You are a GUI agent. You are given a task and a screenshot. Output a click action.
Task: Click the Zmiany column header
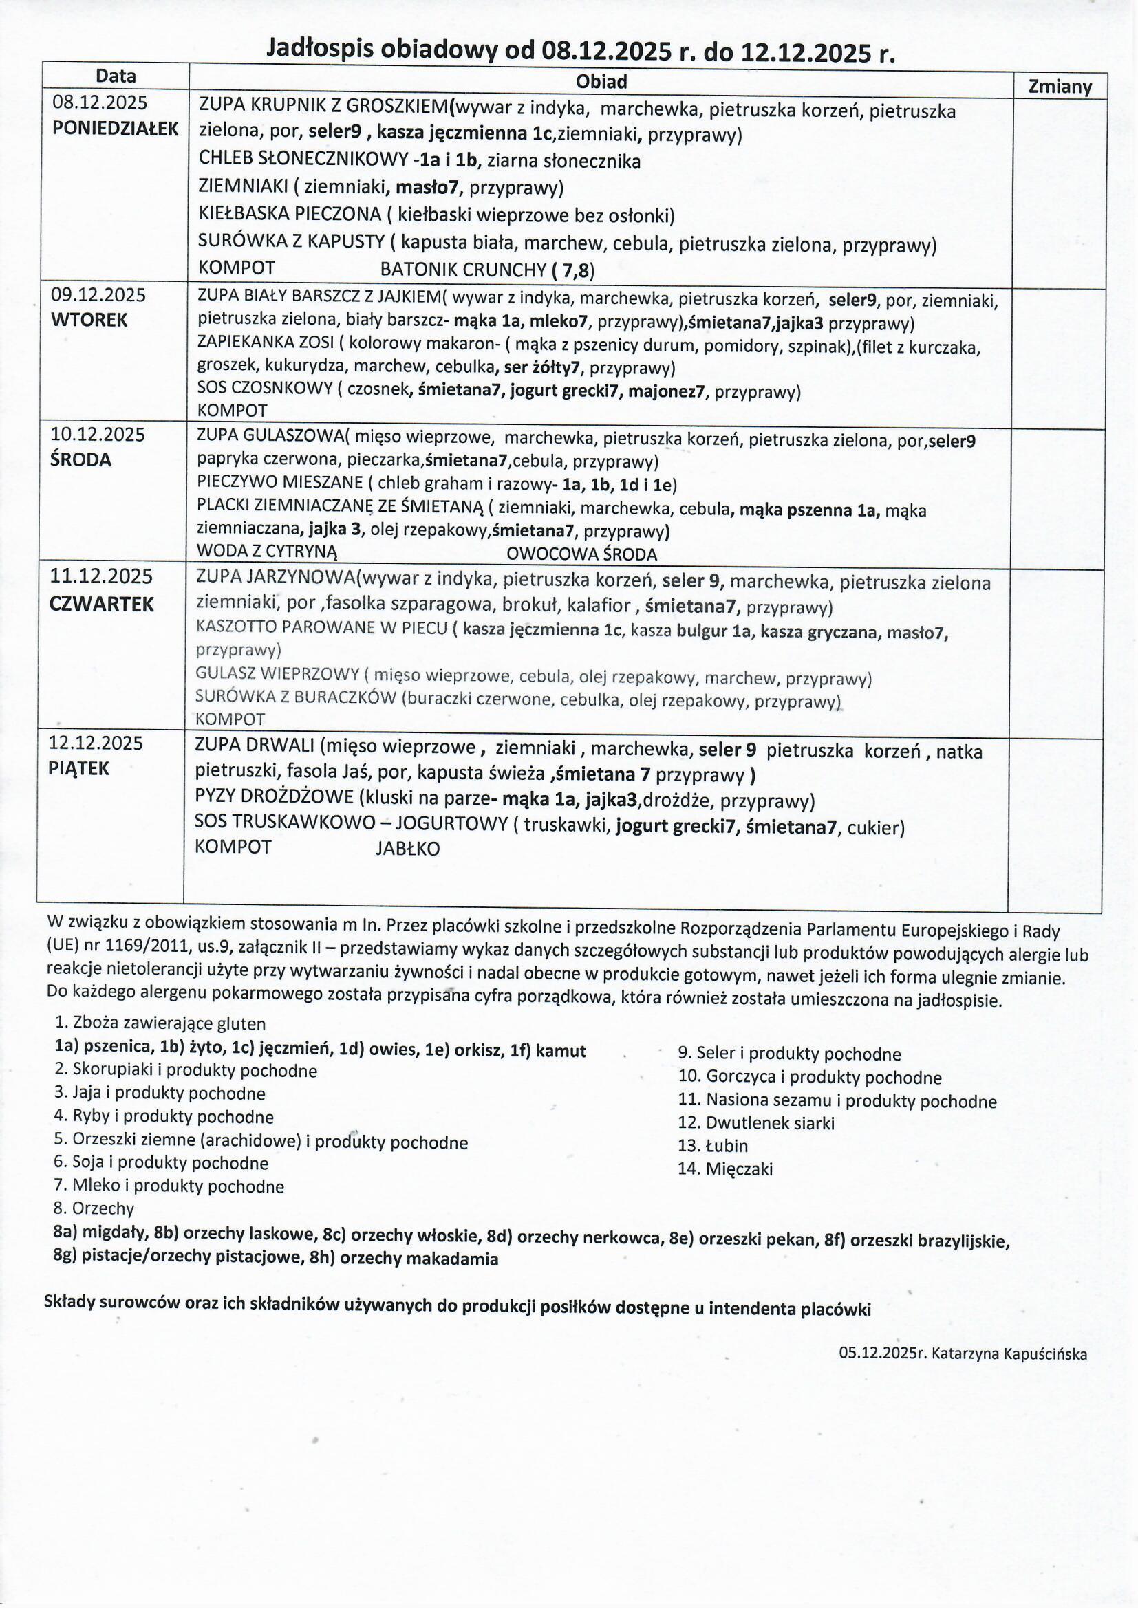coord(1060,87)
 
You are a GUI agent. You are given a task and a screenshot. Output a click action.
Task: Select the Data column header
coord(116,76)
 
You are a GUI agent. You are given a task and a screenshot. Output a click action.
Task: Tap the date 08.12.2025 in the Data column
coord(100,104)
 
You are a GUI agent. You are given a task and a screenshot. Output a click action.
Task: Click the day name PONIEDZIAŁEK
coord(116,129)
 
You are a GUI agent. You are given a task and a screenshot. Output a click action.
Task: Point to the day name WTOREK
coord(89,320)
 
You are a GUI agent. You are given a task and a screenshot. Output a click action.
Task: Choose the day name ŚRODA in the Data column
coord(80,460)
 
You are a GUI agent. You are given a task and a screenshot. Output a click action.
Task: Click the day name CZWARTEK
coord(102,605)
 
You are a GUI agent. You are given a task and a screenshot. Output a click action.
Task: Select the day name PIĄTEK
coord(79,768)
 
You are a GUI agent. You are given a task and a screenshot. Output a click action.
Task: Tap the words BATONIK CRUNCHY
coord(462,270)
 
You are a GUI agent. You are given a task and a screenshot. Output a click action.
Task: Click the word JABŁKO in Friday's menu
coord(408,849)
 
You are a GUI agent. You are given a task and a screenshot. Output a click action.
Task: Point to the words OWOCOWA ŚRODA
coord(581,554)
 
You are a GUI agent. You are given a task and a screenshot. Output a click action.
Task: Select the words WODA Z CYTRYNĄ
coord(267,551)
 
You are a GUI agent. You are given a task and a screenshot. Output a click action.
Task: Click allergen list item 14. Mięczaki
coord(724,1169)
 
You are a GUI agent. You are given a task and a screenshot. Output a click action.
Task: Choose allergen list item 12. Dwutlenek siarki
coord(756,1122)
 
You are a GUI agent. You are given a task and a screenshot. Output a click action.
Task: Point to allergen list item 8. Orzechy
coord(94,1208)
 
